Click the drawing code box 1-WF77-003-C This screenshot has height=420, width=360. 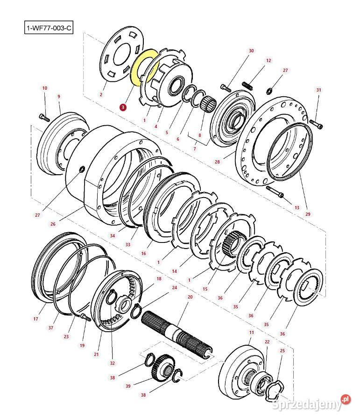(x=49, y=28)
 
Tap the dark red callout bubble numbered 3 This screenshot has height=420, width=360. (x=123, y=107)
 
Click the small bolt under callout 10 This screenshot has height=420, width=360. (x=44, y=116)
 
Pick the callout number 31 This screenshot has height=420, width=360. (x=319, y=90)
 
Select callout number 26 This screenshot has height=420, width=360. (x=53, y=224)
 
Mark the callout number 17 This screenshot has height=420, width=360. (x=35, y=319)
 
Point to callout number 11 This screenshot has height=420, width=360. (x=251, y=332)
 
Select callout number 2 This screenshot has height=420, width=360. (x=100, y=95)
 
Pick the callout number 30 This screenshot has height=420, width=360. (x=251, y=50)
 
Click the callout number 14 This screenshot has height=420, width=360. (x=174, y=271)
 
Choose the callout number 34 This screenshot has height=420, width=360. (x=113, y=236)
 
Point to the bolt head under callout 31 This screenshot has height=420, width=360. (x=318, y=125)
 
